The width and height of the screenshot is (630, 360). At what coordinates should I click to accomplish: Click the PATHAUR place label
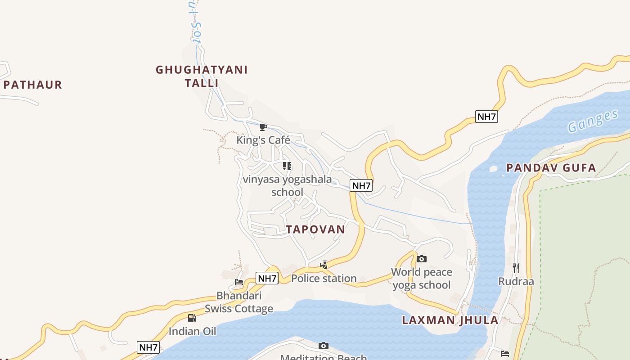(x=32, y=85)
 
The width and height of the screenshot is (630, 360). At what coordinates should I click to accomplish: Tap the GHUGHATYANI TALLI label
(x=202, y=76)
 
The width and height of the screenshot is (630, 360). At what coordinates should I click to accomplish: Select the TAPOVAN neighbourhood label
(x=315, y=229)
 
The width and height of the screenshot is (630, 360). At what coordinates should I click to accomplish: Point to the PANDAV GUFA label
(x=551, y=168)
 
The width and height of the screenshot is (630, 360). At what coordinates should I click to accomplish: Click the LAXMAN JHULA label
(x=450, y=320)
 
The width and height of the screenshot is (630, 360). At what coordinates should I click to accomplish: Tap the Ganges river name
(x=593, y=121)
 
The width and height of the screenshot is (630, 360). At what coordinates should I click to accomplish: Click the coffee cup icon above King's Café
(x=263, y=127)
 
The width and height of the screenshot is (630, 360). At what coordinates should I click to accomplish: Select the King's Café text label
(x=263, y=140)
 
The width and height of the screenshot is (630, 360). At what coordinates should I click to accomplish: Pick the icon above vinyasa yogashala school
(x=287, y=166)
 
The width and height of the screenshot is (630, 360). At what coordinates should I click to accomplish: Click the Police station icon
(x=324, y=265)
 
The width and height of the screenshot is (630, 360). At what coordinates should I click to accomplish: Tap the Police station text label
(x=324, y=279)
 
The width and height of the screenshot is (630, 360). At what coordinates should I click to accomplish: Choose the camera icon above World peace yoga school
(x=421, y=259)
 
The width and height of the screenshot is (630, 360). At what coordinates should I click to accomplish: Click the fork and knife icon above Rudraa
(x=516, y=268)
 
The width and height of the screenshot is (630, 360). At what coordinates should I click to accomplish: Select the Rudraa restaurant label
(x=516, y=282)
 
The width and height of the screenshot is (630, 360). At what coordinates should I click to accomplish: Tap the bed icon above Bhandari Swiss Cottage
(x=239, y=282)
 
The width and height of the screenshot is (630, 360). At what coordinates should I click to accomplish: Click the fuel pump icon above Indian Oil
(x=192, y=318)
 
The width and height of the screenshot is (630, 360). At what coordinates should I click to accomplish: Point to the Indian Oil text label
(x=192, y=332)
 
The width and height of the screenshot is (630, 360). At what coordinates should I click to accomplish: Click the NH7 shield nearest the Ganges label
(x=486, y=117)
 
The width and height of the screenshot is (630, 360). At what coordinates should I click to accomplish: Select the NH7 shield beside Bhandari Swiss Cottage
(x=267, y=278)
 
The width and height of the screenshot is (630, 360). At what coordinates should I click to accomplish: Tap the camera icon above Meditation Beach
(x=323, y=346)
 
